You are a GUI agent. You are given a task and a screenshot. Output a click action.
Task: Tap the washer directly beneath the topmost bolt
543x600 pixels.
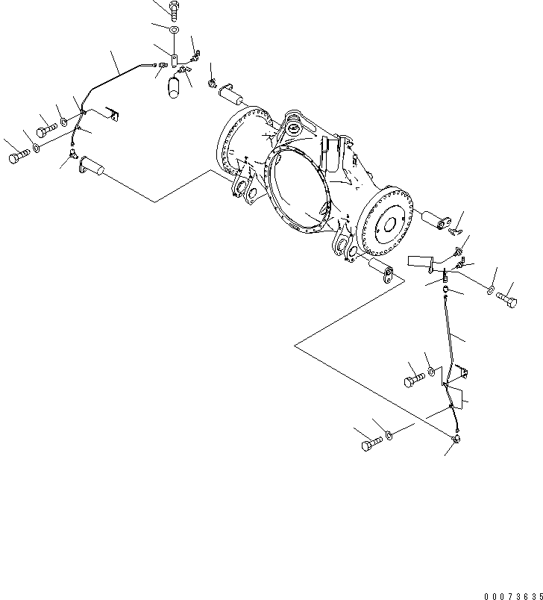pos(173,31)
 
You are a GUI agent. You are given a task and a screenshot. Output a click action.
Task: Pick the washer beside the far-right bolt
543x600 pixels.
pos(491,289)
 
